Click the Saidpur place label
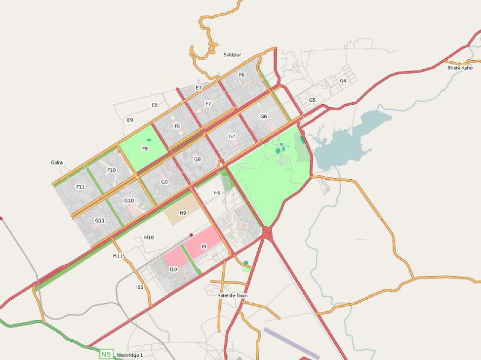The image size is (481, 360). click(x=232, y=54)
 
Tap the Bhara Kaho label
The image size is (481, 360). click(x=460, y=68)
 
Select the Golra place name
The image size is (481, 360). click(x=57, y=162)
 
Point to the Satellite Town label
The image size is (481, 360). click(x=233, y=296)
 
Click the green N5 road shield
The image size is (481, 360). click(x=106, y=354)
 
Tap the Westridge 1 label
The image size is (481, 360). click(x=129, y=355)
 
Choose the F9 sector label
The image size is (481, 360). click(x=145, y=148)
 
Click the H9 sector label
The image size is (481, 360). click(x=183, y=213)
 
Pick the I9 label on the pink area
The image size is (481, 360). click(x=203, y=246)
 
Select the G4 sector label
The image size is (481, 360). click(x=343, y=80)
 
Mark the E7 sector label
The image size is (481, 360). click(x=199, y=88)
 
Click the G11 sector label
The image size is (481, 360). click(x=100, y=220)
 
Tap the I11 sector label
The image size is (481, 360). click(x=140, y=287)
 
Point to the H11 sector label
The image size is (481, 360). click(x=118, y=256)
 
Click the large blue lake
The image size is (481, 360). click(x=346, y=141)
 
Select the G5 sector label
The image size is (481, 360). click(x=312, y=100)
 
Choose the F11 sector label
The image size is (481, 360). click(x=80, y=187)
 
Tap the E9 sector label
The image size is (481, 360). click(x=130, y=120)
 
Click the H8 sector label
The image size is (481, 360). click(x=217, y=193)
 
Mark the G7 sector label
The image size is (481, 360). click(x=232, y=136)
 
